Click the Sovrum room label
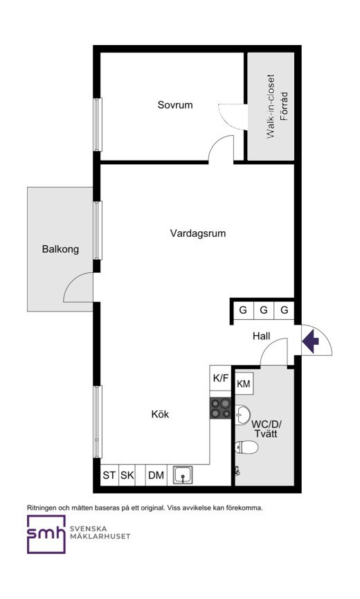pos(175,105)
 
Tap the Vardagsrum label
pos(198,233)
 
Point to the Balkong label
pos(60,249)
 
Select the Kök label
pos(160,414)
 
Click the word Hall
pos(261,336)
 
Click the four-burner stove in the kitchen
pos(221,408)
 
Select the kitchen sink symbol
pos(183,475)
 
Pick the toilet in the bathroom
pos(246,447)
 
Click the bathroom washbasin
pos(242,415)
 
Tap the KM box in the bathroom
pos(244,383)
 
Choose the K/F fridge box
pos(221,378)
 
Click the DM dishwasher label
pos(156,475)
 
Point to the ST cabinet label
pos(109,475)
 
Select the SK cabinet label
pos(127,475)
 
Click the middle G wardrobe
pos(263,310)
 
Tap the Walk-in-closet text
pos(271,106)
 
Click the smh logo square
pos(46,535)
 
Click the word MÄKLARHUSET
pos(100,537)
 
